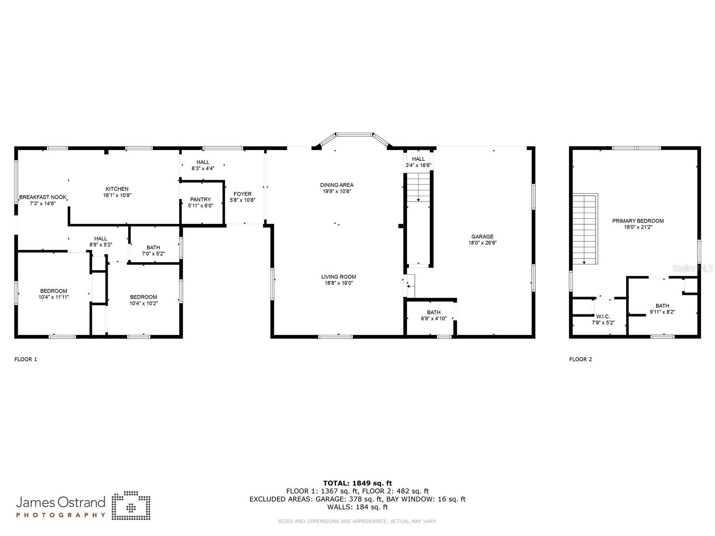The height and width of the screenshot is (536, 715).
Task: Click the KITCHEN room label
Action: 117,189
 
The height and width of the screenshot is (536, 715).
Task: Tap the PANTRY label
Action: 200,200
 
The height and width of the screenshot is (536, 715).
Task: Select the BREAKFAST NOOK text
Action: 43,197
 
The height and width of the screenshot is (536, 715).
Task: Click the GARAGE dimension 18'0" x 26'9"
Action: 482,243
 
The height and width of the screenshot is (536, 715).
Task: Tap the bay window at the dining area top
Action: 354,134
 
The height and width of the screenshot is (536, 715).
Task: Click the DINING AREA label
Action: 336,185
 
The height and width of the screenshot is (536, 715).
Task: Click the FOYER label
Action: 242,194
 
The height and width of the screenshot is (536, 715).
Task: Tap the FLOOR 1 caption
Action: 26,359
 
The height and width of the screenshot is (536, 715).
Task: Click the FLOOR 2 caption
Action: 580,359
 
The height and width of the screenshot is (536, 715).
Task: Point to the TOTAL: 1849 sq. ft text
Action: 357,483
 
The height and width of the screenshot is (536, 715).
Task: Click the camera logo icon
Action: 131,506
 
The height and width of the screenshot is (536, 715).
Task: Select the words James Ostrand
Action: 60,502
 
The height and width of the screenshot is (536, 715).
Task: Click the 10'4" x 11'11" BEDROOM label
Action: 54,291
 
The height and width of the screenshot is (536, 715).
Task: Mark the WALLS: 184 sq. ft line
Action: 357,507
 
